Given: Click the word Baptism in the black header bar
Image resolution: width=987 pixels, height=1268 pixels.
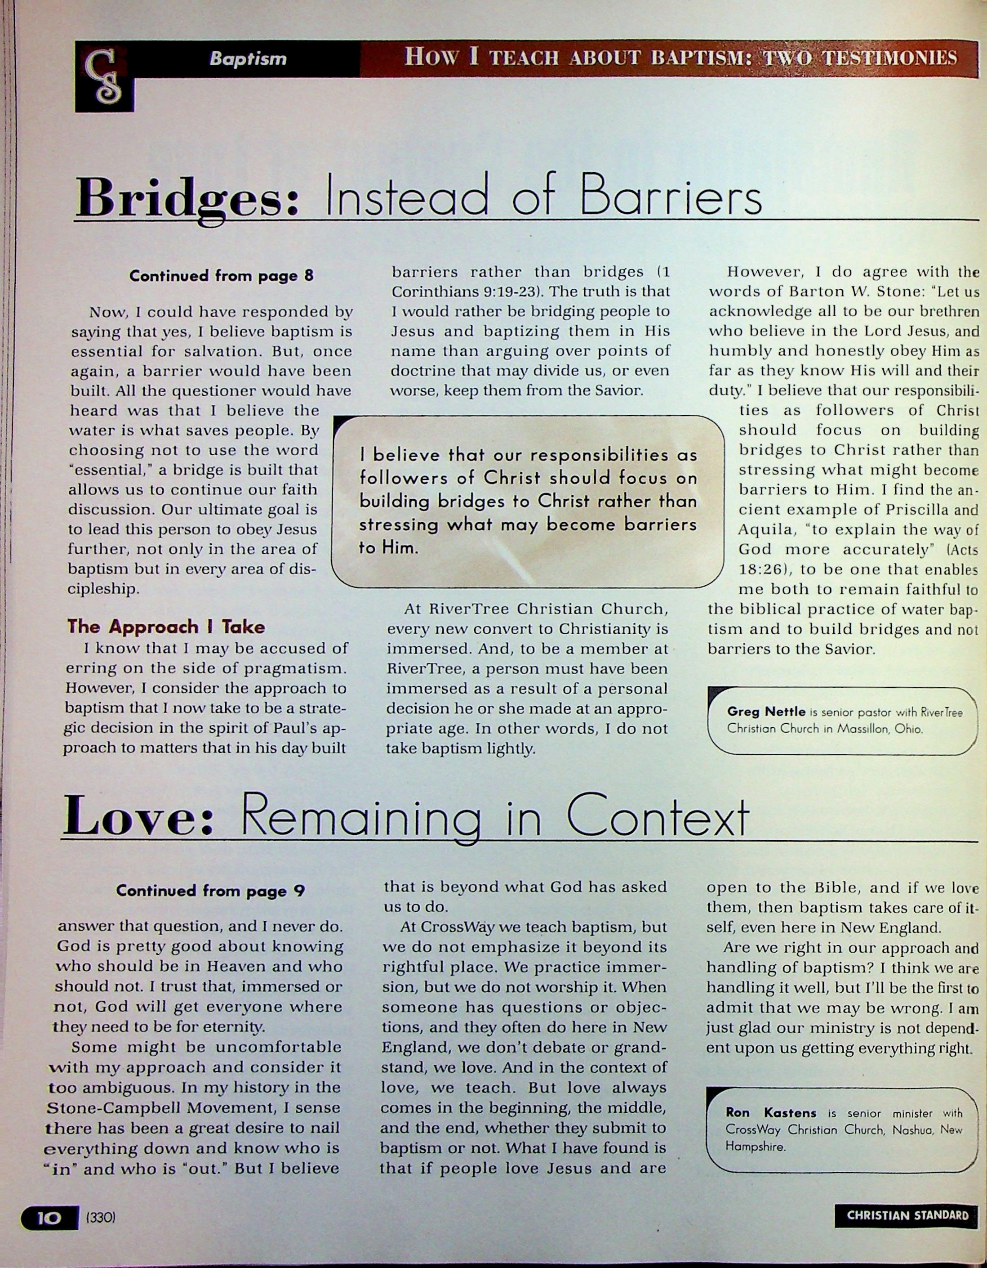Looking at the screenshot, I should coord(248,58).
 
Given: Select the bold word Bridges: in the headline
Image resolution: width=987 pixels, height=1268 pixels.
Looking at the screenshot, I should coord(187,197).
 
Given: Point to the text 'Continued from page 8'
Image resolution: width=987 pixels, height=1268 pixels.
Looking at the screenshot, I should coord(221,276).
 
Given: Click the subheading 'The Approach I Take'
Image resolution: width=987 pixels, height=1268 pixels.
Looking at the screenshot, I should coord(166,627).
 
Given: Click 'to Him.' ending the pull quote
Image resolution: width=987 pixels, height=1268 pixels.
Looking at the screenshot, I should coord(389,547).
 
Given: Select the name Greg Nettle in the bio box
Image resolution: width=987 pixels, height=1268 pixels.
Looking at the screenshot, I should coord(766,711).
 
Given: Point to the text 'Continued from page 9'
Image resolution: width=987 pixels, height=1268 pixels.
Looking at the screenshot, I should coord(210,891).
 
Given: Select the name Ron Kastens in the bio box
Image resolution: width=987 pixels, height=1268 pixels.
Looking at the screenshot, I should coord(770,1113).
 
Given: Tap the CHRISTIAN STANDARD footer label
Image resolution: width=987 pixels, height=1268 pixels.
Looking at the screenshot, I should coord(907,1216).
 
